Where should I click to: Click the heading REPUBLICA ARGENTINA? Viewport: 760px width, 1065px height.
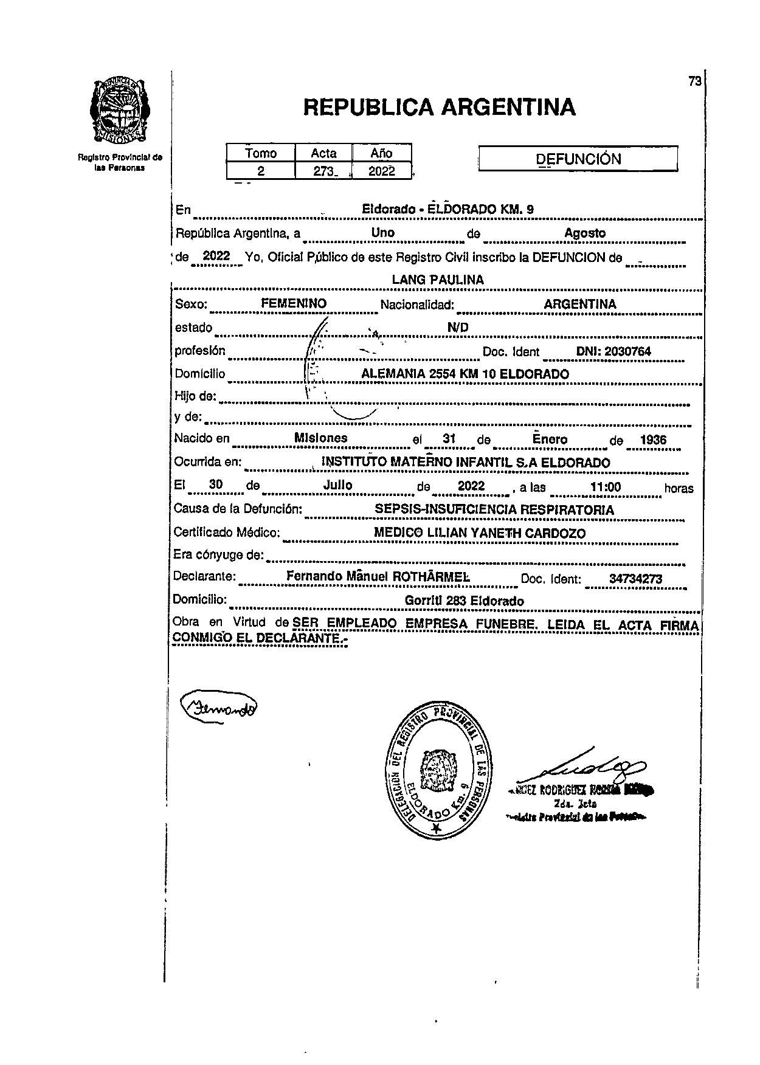pos(438,108)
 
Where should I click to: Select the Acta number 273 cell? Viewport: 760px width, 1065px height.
pos(323,171)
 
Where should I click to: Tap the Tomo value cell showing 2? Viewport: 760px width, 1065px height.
pos(261,171)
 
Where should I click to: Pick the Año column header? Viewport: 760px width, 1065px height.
pos(381,153)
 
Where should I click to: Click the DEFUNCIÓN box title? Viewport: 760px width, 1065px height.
pos(578,159)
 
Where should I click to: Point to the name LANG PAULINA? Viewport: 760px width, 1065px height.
pos(438,280)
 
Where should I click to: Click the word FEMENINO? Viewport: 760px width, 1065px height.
pos(294,303)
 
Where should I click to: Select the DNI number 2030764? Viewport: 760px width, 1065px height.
pos(613,351)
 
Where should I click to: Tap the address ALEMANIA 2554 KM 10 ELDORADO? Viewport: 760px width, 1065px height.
pos(465,374)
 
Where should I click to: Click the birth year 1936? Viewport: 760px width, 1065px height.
pos(653,439)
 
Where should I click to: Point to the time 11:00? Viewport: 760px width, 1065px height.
pos(606,487)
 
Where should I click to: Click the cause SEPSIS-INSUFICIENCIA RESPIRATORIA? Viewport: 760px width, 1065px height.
pos(494,510)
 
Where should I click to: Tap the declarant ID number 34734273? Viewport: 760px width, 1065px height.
pos(635,579)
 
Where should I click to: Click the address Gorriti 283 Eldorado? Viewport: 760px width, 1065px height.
pos(464,601)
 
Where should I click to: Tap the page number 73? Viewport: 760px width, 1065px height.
pos(695,81)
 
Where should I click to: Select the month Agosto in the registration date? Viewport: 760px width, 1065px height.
pos(585,233)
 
